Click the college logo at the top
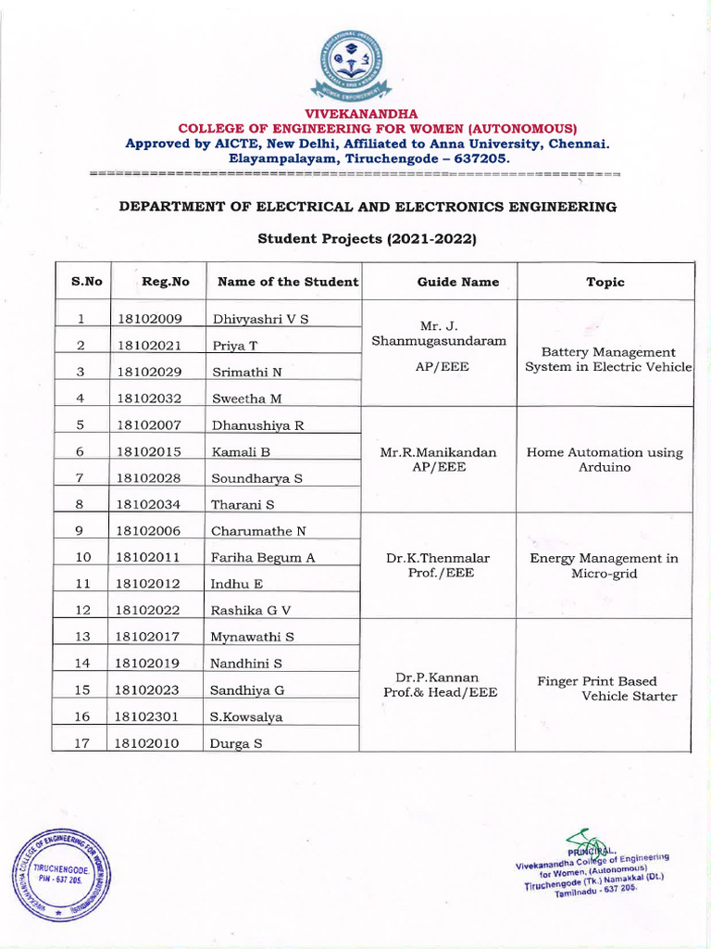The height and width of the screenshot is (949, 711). tap(355, 65)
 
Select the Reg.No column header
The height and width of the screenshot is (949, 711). tap(166, 282)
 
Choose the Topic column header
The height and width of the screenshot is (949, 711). tap(605, 282)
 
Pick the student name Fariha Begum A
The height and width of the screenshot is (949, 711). tap(264, 557)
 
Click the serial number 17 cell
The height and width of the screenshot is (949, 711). tap(81, 742)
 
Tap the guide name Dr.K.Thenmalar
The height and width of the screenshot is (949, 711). tap(440, 558)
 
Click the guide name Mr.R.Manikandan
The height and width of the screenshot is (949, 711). tap(439, 452)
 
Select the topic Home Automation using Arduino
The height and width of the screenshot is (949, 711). tap(605, 460)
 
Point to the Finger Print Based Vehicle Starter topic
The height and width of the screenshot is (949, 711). tap(607, 689)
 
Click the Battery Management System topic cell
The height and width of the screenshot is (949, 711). tap(608, 360)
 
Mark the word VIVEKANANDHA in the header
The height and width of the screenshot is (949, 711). tap(355, 113)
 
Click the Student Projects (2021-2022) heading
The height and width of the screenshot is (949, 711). tap(367, 239)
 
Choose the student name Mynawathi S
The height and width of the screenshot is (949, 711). tap(253, 637)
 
